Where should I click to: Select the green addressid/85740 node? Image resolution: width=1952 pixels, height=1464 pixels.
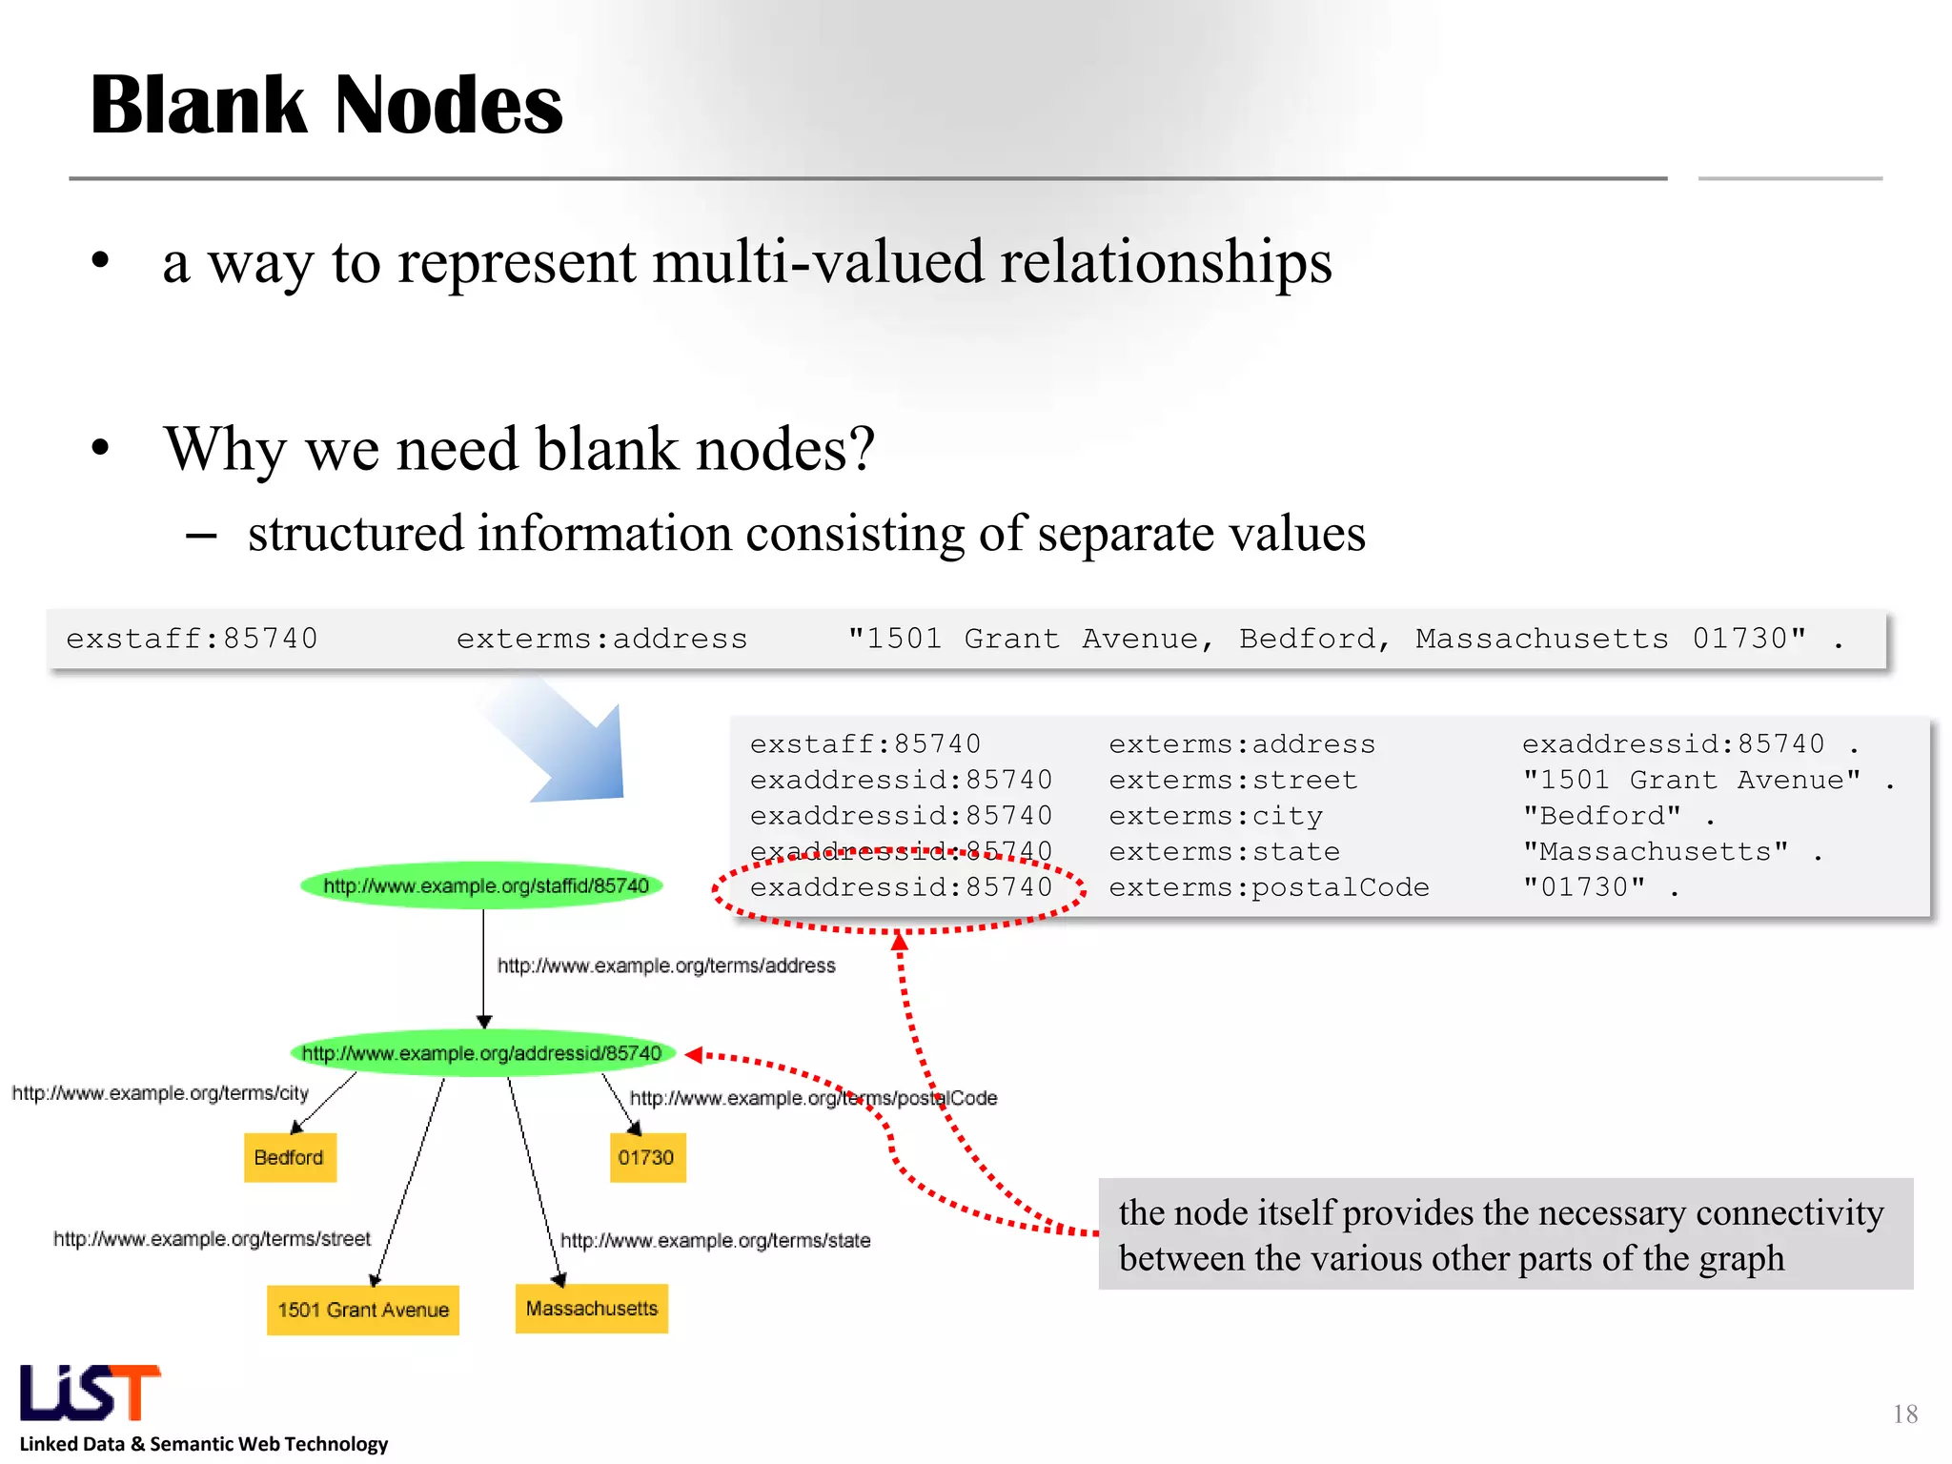(x=482, y=1053)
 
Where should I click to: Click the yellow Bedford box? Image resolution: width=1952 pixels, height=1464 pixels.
(x=290, y=1157)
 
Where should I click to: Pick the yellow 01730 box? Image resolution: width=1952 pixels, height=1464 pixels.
(x=647, y=1157)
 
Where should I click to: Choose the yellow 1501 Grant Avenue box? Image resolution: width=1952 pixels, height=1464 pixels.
(x=362, y=1310)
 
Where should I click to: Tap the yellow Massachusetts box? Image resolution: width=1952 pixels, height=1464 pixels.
(x=591, y=1309)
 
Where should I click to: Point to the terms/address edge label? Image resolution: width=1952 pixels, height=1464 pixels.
(x=666, y=966)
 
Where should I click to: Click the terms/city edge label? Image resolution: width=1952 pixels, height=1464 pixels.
(x=160, y=1093)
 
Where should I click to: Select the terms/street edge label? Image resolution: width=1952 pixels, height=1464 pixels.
(x=212, y=1239)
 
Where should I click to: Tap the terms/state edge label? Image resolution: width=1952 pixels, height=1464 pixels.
(x=715, y=1241)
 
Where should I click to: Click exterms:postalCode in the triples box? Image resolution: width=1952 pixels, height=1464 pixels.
(x=1268, y=888)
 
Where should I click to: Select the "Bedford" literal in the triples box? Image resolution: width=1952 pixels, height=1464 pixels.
(x=1601, y=817)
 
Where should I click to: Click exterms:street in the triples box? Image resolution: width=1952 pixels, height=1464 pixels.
(x=1232, y=781)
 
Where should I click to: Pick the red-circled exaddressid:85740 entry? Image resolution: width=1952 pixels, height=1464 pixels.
(x=900, y=888)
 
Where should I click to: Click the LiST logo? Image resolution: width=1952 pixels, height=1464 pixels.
(x=91, y=1393)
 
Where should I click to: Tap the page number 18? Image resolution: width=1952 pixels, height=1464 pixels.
(x=1904, y=1414)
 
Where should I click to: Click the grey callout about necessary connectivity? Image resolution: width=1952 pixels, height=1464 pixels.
(x=1504, y=1234)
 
